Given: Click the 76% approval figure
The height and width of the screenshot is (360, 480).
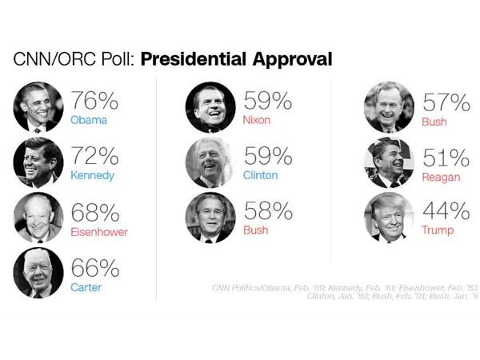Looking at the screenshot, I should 94,101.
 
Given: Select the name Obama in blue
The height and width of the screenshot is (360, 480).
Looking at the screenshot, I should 88,121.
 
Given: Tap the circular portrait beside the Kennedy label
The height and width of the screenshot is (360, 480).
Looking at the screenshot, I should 38,162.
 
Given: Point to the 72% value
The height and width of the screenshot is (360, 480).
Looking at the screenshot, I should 94,157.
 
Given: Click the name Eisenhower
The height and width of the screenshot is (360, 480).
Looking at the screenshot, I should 99,232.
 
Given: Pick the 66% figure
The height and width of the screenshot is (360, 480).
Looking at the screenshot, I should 94,268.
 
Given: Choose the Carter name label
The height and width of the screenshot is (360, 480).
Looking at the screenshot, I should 86,287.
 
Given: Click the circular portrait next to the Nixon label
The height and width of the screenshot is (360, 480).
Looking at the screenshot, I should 210,106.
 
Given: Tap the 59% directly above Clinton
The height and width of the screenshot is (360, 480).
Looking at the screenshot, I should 266,157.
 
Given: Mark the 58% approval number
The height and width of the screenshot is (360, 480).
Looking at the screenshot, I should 266,213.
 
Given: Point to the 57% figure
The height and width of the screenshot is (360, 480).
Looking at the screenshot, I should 446,102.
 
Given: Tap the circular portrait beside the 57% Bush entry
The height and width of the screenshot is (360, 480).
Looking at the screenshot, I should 389,106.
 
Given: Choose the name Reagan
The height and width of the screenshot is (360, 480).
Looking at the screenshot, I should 442,176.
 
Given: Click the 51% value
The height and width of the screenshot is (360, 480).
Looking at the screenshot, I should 446,158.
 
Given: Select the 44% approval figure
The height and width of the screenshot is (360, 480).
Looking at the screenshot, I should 446,212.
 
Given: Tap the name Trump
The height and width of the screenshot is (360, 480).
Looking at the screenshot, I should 438,230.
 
